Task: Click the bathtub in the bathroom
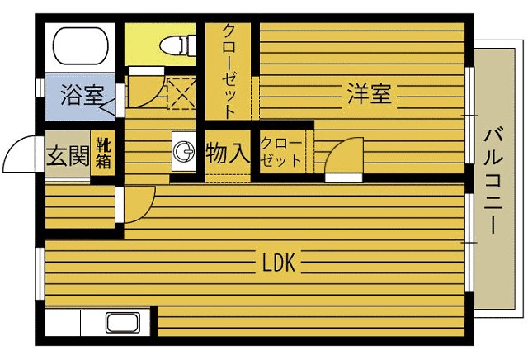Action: (x=81, y=45)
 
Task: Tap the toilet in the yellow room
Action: (x=177, y=45)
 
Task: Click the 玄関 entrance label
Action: (x=68, y=156)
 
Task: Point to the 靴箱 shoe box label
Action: (x=103, y=153)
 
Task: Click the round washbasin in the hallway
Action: (x=184, y=151)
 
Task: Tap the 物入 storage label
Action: (x=228, y=152)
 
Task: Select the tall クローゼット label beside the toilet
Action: (x=229, y=71)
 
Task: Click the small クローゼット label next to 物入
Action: (x=281, y=152)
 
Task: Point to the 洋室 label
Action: (x=370, y=93)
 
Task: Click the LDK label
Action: (x=279, y=263)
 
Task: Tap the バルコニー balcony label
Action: (x=493, y=181)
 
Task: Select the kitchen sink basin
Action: (x=123, y=323)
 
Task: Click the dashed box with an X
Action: (x=181, y=93)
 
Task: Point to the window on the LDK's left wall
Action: (x=40, y=273)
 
